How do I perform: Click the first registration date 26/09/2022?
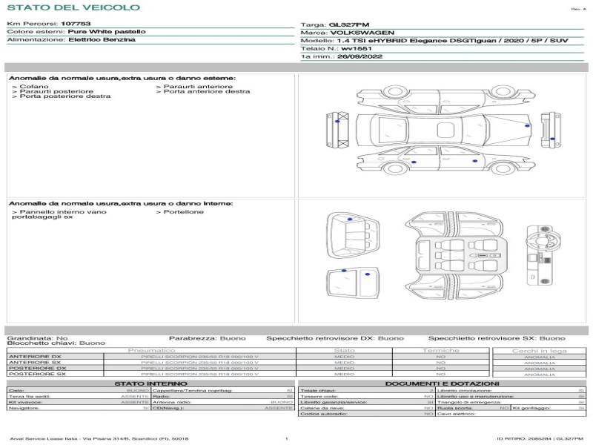(x=358, y=56)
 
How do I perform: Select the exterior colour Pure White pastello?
(x=107, y=32)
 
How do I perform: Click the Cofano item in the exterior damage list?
(x=33, y=87)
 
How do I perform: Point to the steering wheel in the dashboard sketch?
(x=534, y=240)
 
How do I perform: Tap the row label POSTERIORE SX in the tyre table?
(x=37, y=375)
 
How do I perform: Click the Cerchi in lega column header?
(x=539, y=351)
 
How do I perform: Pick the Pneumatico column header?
(x=152, y=351)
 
